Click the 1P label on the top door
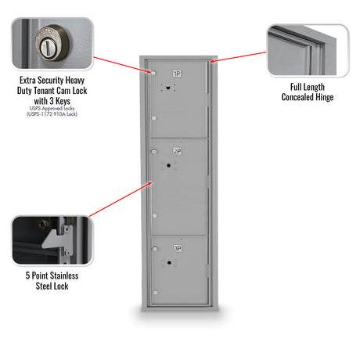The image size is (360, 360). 177,74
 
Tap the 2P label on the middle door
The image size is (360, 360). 178,151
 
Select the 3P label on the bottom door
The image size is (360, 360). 178,248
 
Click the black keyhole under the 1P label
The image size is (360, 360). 168,88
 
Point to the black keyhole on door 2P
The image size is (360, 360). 168,165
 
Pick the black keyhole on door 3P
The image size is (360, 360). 169,262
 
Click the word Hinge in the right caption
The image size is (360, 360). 325,97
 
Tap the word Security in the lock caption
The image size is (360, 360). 48,80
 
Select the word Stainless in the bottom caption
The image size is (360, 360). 64,275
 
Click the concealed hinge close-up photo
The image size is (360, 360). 308,50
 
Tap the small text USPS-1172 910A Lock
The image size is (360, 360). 52,114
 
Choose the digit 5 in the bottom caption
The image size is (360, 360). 27,275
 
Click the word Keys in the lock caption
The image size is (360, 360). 63,101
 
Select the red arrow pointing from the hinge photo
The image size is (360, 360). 238,57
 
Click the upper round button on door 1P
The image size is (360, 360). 153,73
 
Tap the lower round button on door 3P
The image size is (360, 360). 156,293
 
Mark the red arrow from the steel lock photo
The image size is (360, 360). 121,200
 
